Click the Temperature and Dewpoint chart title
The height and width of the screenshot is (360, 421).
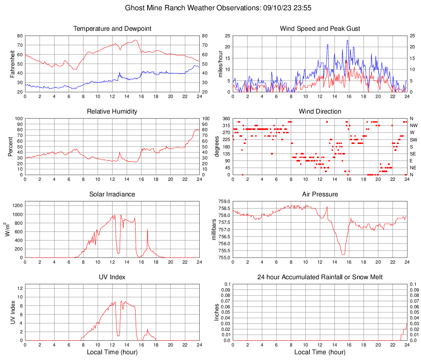pos(112,29)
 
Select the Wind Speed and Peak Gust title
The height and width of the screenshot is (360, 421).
pos(320,29)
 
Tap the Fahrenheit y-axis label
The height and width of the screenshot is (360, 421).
pos(12,64)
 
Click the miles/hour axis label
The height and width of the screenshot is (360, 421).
pos(220,64)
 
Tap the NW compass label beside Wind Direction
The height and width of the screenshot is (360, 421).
pos(414,125)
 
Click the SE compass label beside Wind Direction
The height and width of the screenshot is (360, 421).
pos(413,154)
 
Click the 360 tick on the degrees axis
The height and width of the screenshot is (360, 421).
pos(225,118)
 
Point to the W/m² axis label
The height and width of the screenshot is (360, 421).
pos(8,230)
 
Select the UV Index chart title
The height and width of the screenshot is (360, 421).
pos(112,277)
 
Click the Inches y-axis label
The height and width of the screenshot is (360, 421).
pos(217,312)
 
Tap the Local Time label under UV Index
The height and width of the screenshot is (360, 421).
pos(112,352)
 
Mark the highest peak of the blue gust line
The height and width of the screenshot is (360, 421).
pos(348,40)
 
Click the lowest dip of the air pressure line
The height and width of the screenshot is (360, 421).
pos(343,255)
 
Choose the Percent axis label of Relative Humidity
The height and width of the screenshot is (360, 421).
pos(10,146)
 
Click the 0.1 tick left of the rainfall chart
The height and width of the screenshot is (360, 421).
pos(227,284)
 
